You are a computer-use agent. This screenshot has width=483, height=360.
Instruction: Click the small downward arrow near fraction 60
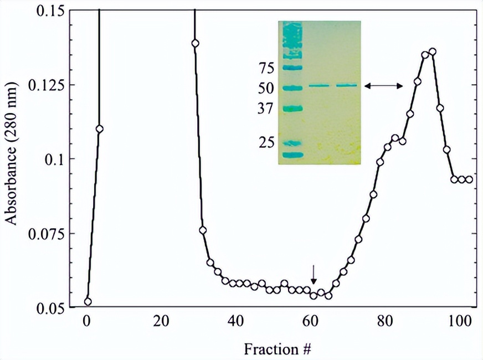pyautogui.click(x=314, y=274)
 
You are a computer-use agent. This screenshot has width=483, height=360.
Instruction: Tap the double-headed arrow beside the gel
pyautogui.click(x=383, y=85)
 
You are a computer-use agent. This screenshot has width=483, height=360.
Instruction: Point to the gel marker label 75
pyautogui.click(x=268, y=69)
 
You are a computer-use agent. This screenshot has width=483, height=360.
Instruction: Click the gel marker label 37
pyautogui.click(x=268, y=109)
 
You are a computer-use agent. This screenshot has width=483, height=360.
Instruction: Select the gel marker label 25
pyautogui.click(x=268, y=143)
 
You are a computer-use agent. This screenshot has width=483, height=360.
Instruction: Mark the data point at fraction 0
pyautogui.click(x=88, y=302)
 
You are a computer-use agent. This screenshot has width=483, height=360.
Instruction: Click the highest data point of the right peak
pyautogui.click(x=432, y=52)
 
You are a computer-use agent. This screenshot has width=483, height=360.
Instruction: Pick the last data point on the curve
pyautogui.click(x=469, y=179)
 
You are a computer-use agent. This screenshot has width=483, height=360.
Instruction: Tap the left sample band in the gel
pyautogui.click(x=319, y=85)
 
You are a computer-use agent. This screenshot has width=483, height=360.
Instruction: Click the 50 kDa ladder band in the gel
pyautogui.click(x=292, y=88)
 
